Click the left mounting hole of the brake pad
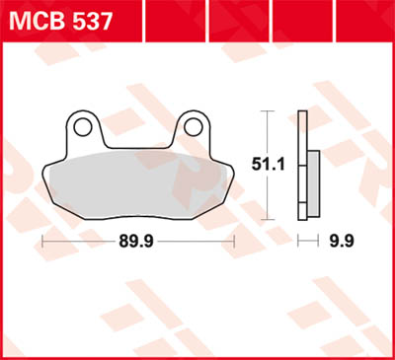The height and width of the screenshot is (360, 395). click(86, 126)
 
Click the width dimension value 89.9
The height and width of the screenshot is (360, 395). click(139, 240)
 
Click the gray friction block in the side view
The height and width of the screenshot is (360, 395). click(314, 181)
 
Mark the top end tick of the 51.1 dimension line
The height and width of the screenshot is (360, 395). click(266, 111)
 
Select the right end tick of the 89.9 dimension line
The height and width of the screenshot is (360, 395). click(233, 240)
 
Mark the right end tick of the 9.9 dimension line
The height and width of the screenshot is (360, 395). click(320, 240)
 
